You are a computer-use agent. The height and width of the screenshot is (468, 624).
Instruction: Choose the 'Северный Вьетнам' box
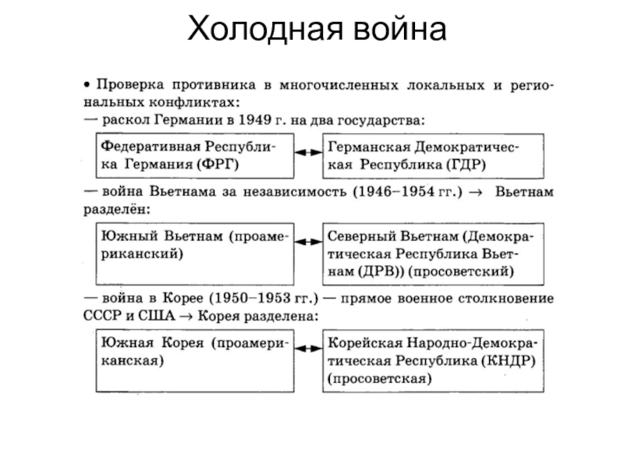(x=428, y=254)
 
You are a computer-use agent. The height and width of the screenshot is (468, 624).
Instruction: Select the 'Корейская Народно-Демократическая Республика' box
(x=428, y=361)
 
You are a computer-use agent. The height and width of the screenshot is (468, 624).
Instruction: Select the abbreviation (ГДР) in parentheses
(x=465, y=165)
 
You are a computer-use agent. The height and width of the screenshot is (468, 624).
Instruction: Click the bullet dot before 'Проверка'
(x=88, y=83)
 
